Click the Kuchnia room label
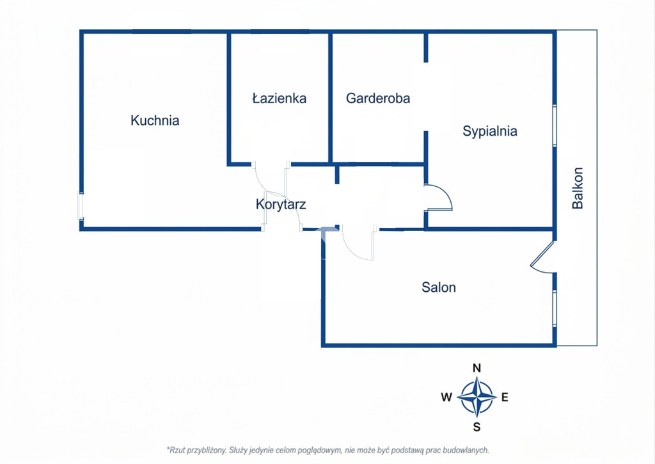tap(155, 120)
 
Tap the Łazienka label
tap(279, 98)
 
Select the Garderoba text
tap(377, 98)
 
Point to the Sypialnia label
tap(489, 131)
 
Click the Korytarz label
tap(281, 204)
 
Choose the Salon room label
tap(439, 287)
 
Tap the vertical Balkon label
tap(578, 188)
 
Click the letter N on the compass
tap(477, 368)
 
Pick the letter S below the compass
tap(477, 427)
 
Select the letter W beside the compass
tap(446, 397)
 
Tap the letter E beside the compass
tap(505, 397)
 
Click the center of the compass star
tap(477, 397)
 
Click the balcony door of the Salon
tap(542, 257)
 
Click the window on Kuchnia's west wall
tap(81, 205)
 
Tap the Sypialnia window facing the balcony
tap(555, 125)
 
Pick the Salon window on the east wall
tap(555, 308)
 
